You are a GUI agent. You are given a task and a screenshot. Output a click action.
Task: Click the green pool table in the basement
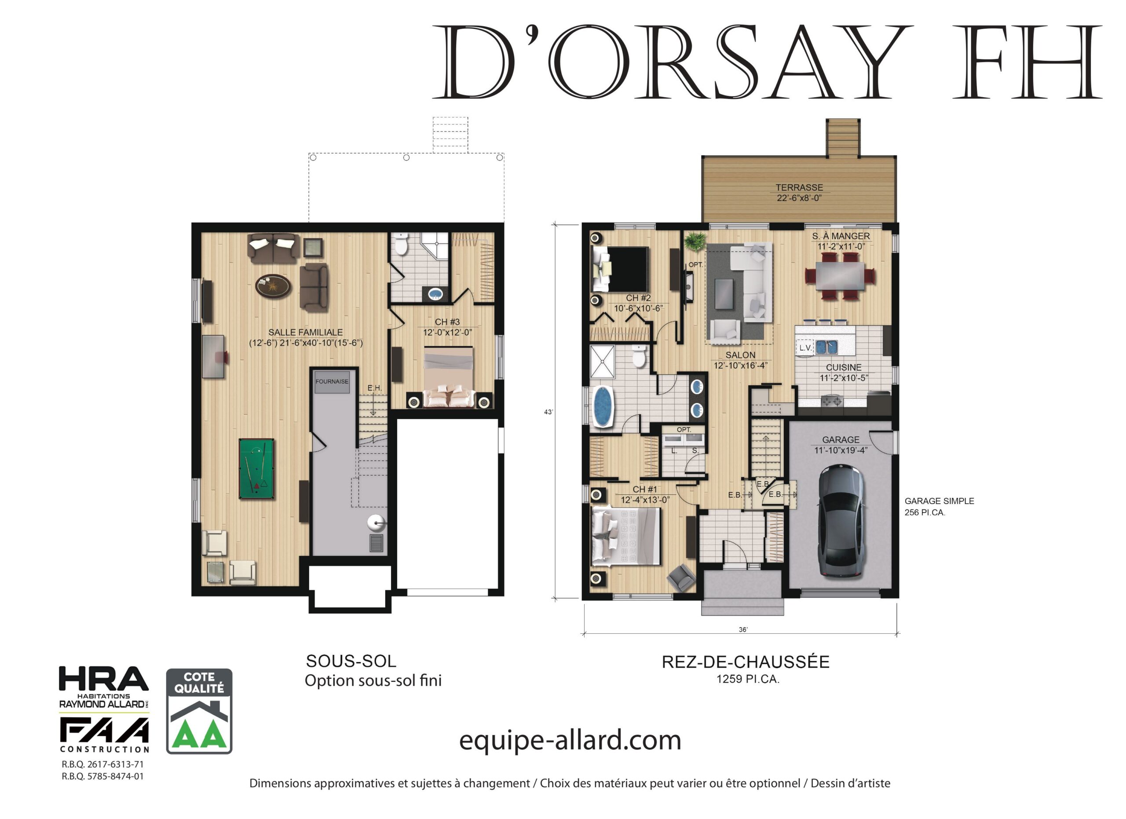pyautogui.click(x=256, y=468)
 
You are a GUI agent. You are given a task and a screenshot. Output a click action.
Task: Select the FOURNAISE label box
pyautogui.click(x=332, y=381)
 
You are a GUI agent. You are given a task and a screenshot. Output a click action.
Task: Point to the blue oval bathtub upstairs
pyautogui.click(x=602, y=406)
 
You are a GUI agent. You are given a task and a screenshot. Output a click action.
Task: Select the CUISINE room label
pyautogui.click(x=844, y=367)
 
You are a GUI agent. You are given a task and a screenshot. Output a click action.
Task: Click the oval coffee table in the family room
pyautogui.click(x=273, y=286)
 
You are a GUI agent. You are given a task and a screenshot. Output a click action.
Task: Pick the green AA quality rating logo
pyautogui.click(x=199, y=711)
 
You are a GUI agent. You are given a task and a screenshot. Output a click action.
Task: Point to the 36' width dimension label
pyautogui.click(x=743, y=629)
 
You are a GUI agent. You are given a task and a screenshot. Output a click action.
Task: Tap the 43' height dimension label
pyautogui.click(x=548, y=412)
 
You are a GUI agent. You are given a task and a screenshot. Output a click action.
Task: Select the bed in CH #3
pyautogui.click(x=449, y=377)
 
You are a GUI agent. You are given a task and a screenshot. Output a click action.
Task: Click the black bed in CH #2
pyautogui.click(x=621, y=269)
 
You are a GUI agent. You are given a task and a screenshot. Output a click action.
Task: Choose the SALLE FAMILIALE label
pyautogui.click(x=305, y=332)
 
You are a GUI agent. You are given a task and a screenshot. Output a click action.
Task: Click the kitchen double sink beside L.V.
pyautogui.click(x=826, y=347)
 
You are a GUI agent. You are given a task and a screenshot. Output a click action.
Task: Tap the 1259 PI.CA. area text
pyautogui.click(x=748, y=679)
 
